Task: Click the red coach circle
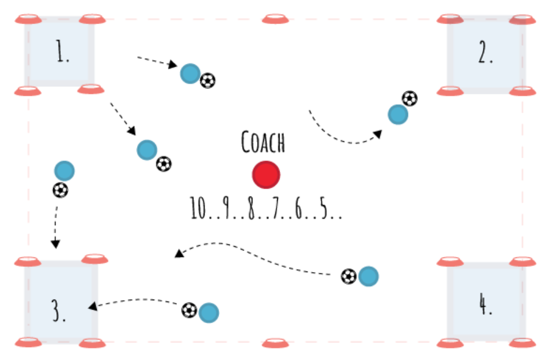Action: (266, 174)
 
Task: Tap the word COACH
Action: (263, 142)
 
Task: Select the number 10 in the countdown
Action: (199, 209)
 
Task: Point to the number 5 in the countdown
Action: (325, 209)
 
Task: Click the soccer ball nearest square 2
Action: (410, 98)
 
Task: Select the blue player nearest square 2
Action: (398, 114)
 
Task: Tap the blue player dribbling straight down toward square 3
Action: (64, 171)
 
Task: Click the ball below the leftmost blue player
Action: (60, 190)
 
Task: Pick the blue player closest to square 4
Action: (368, 276)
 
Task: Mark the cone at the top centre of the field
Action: (275, 19)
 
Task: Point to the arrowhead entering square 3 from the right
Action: (91, 306)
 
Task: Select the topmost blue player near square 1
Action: (190, 74)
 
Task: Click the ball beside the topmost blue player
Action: (207, 81)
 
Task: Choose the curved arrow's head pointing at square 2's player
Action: (378, 134)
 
